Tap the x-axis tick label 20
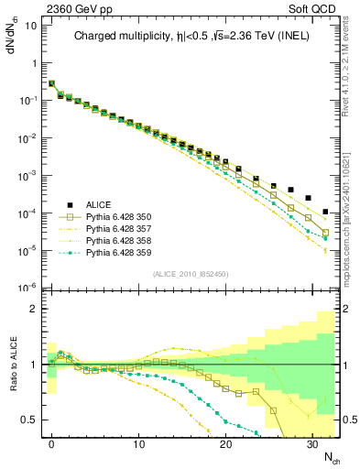(224, 443)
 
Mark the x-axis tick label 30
(311, 443)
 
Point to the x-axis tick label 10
(138, 443)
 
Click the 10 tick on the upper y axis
(29, 26)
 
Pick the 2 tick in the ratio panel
(32, 309)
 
